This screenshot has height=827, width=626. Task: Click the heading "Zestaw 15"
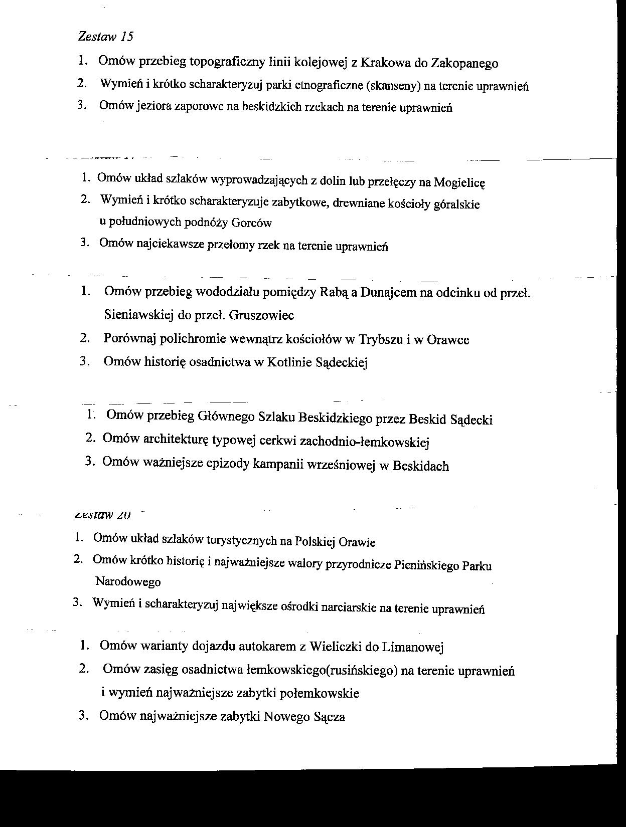pos(106,36)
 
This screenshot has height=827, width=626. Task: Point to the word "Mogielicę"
pos(459,182)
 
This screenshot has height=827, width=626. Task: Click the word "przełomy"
pos(231,246)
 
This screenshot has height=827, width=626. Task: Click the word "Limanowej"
pos(413,647)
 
